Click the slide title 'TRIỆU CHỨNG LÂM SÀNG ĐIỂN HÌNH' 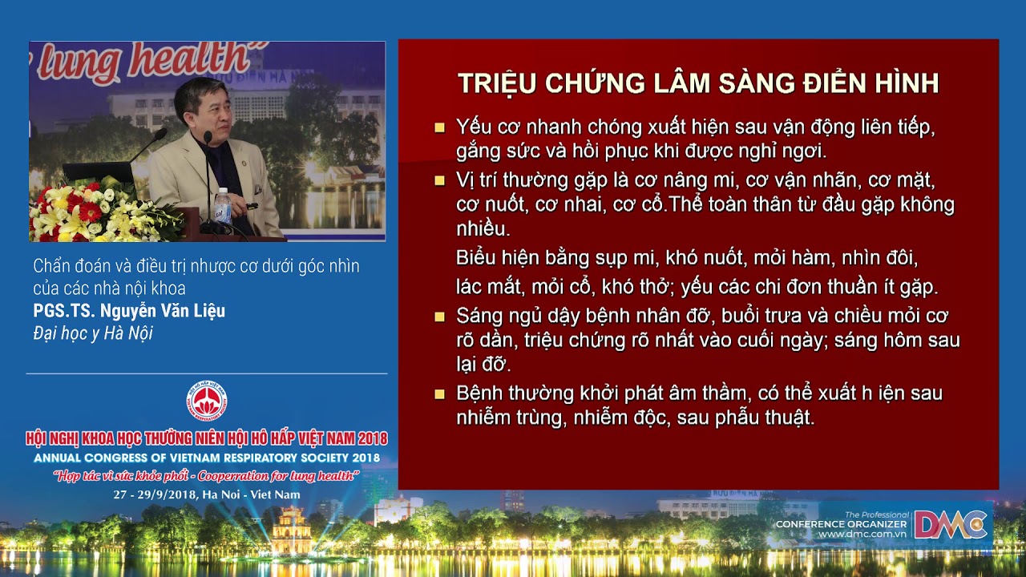click(697, 83)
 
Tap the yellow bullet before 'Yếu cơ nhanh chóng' click(439, 127)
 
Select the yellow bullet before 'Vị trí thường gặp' click(439, 181)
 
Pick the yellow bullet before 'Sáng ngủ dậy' click(439, 317)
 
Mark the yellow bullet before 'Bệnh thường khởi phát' click(439, 394)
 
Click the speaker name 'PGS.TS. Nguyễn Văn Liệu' click(129, 311)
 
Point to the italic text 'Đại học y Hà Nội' click(93, 333)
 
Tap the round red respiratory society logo click(207, 401)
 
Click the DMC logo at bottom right click(951, 525)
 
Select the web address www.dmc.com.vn click(862, 535)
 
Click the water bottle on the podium click(222, 206)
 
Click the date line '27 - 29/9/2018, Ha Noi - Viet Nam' click(207, 494)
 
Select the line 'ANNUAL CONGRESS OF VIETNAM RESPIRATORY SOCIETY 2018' click(207, 458)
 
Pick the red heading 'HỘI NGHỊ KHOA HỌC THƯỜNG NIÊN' click(207, 439)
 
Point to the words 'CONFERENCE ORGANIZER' click(842, 524)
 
